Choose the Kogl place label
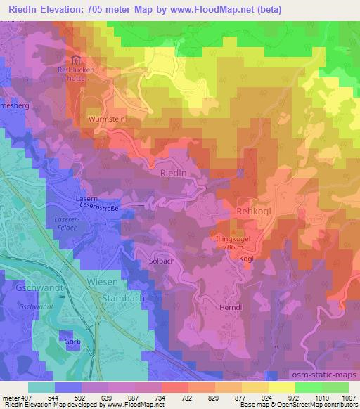click(x=246, y=259)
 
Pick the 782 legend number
click(x=175, y=397)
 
